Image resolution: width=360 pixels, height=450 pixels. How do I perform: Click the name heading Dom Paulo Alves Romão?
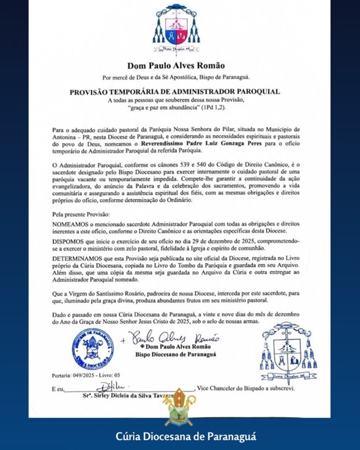point(176,66)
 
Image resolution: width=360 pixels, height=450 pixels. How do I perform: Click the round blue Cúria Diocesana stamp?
point(93,349)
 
